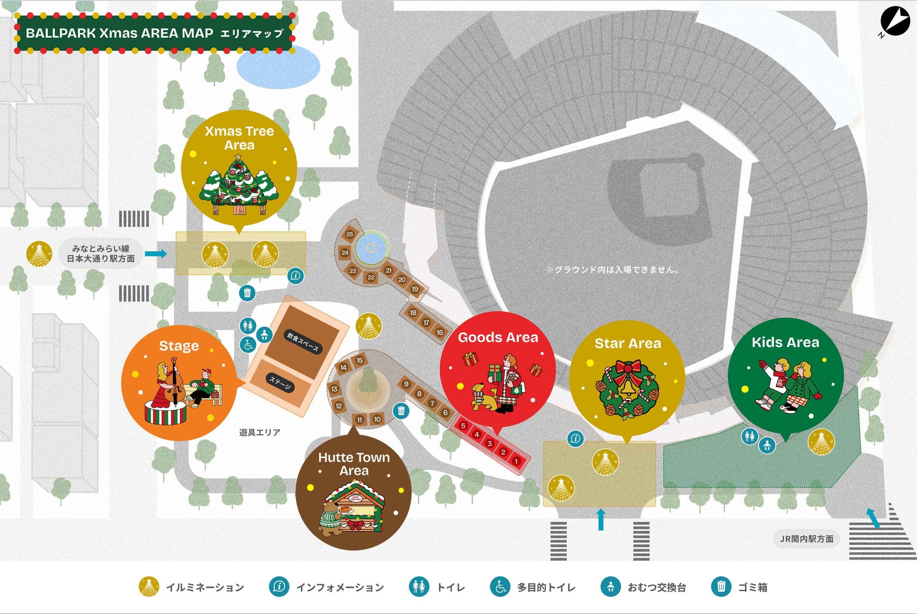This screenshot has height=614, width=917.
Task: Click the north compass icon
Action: coord(895,21)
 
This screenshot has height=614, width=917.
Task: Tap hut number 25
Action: coord(350,234)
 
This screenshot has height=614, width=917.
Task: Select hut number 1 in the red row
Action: coord(516,461)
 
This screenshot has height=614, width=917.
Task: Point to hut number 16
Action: coord(439,332)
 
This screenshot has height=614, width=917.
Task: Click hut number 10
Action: coord(377,419)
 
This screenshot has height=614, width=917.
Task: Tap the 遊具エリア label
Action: coord(260,432)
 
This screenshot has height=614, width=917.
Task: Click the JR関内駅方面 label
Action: coord(806,539)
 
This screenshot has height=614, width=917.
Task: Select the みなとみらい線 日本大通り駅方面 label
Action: coord(100,254)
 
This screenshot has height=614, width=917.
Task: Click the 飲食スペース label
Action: coord(303,342)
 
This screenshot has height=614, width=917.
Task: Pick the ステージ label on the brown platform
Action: coord(280,383)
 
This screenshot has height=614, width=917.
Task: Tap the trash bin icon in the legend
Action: coord(721,586)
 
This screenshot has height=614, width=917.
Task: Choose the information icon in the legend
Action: coord(279,586)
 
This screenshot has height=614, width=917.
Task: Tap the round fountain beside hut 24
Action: coord(371,248)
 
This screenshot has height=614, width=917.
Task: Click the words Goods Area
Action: coord(498,337)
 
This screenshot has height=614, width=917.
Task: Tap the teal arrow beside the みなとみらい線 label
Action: coord(156,254)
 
